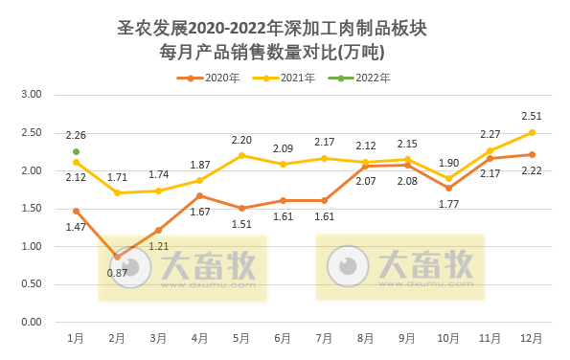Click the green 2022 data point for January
(76, 151)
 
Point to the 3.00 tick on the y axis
(32, 95)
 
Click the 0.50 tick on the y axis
(32, 284)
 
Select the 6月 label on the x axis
(283, 338)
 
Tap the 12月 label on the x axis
(532, 338)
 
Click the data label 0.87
(117, 273)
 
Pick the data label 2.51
(532, 116)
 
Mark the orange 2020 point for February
(117, 257)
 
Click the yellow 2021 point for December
(532, 132)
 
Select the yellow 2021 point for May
(241, 155)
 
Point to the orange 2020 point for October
(448, 188)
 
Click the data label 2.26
(75, 135)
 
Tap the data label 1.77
(448, 204)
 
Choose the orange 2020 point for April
(200, 195)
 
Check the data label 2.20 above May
(241, 140)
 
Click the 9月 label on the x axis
(407, 338)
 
